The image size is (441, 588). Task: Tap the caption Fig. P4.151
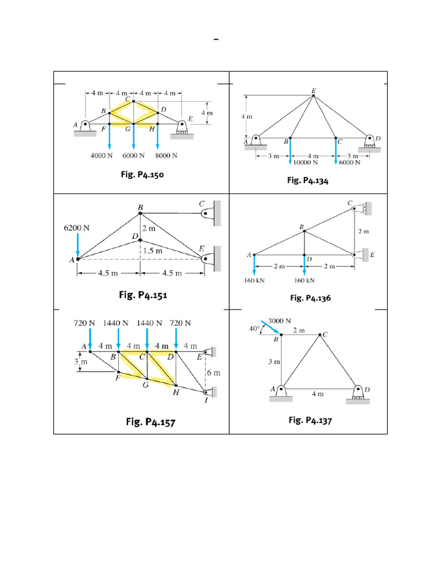coord(143,295)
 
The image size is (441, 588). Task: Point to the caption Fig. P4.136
coord(310,298)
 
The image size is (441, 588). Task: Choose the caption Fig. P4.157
coord(150,423)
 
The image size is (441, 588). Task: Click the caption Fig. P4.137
coord(310,420)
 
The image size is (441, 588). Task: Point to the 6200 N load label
coord(76,227)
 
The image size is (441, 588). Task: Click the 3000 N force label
coord(280,320)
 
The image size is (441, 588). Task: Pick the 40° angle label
coord(254,329)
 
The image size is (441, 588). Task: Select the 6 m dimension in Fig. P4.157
coord(213,373)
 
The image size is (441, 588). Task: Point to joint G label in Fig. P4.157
coord(145,385)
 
